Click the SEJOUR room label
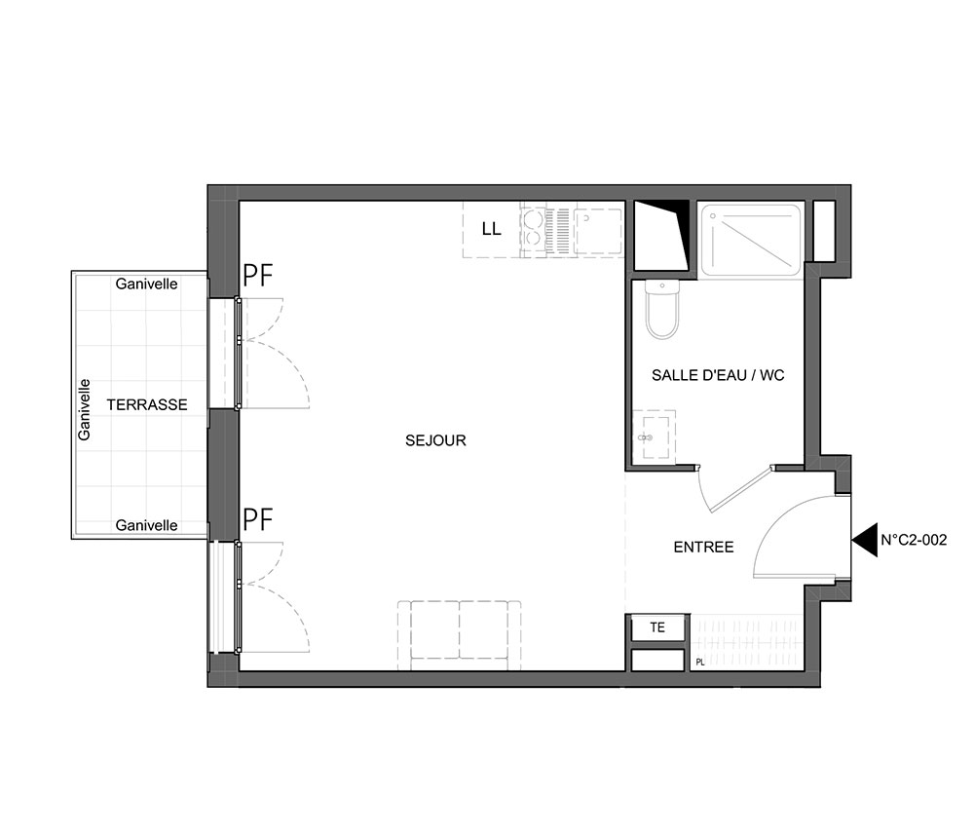(435, 440)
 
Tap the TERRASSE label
(147, 405)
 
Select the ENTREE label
(704, 547)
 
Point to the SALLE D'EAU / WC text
(718, 375)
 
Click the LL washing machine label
(491, 229)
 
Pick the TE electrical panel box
(657, 627)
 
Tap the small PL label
(700, 663)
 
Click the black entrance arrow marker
(865, 539)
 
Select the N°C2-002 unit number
(914, 539)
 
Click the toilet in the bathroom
(662, 309)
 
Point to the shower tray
(751, 240)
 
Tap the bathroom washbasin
(655, 436)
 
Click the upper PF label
(258, 275)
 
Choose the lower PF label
(258, 520)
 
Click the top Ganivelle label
(147, 284)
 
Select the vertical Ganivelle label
(84, 410)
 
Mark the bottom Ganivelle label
(147, 525)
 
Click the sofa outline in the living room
(460, 635)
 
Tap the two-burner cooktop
(534, 229)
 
